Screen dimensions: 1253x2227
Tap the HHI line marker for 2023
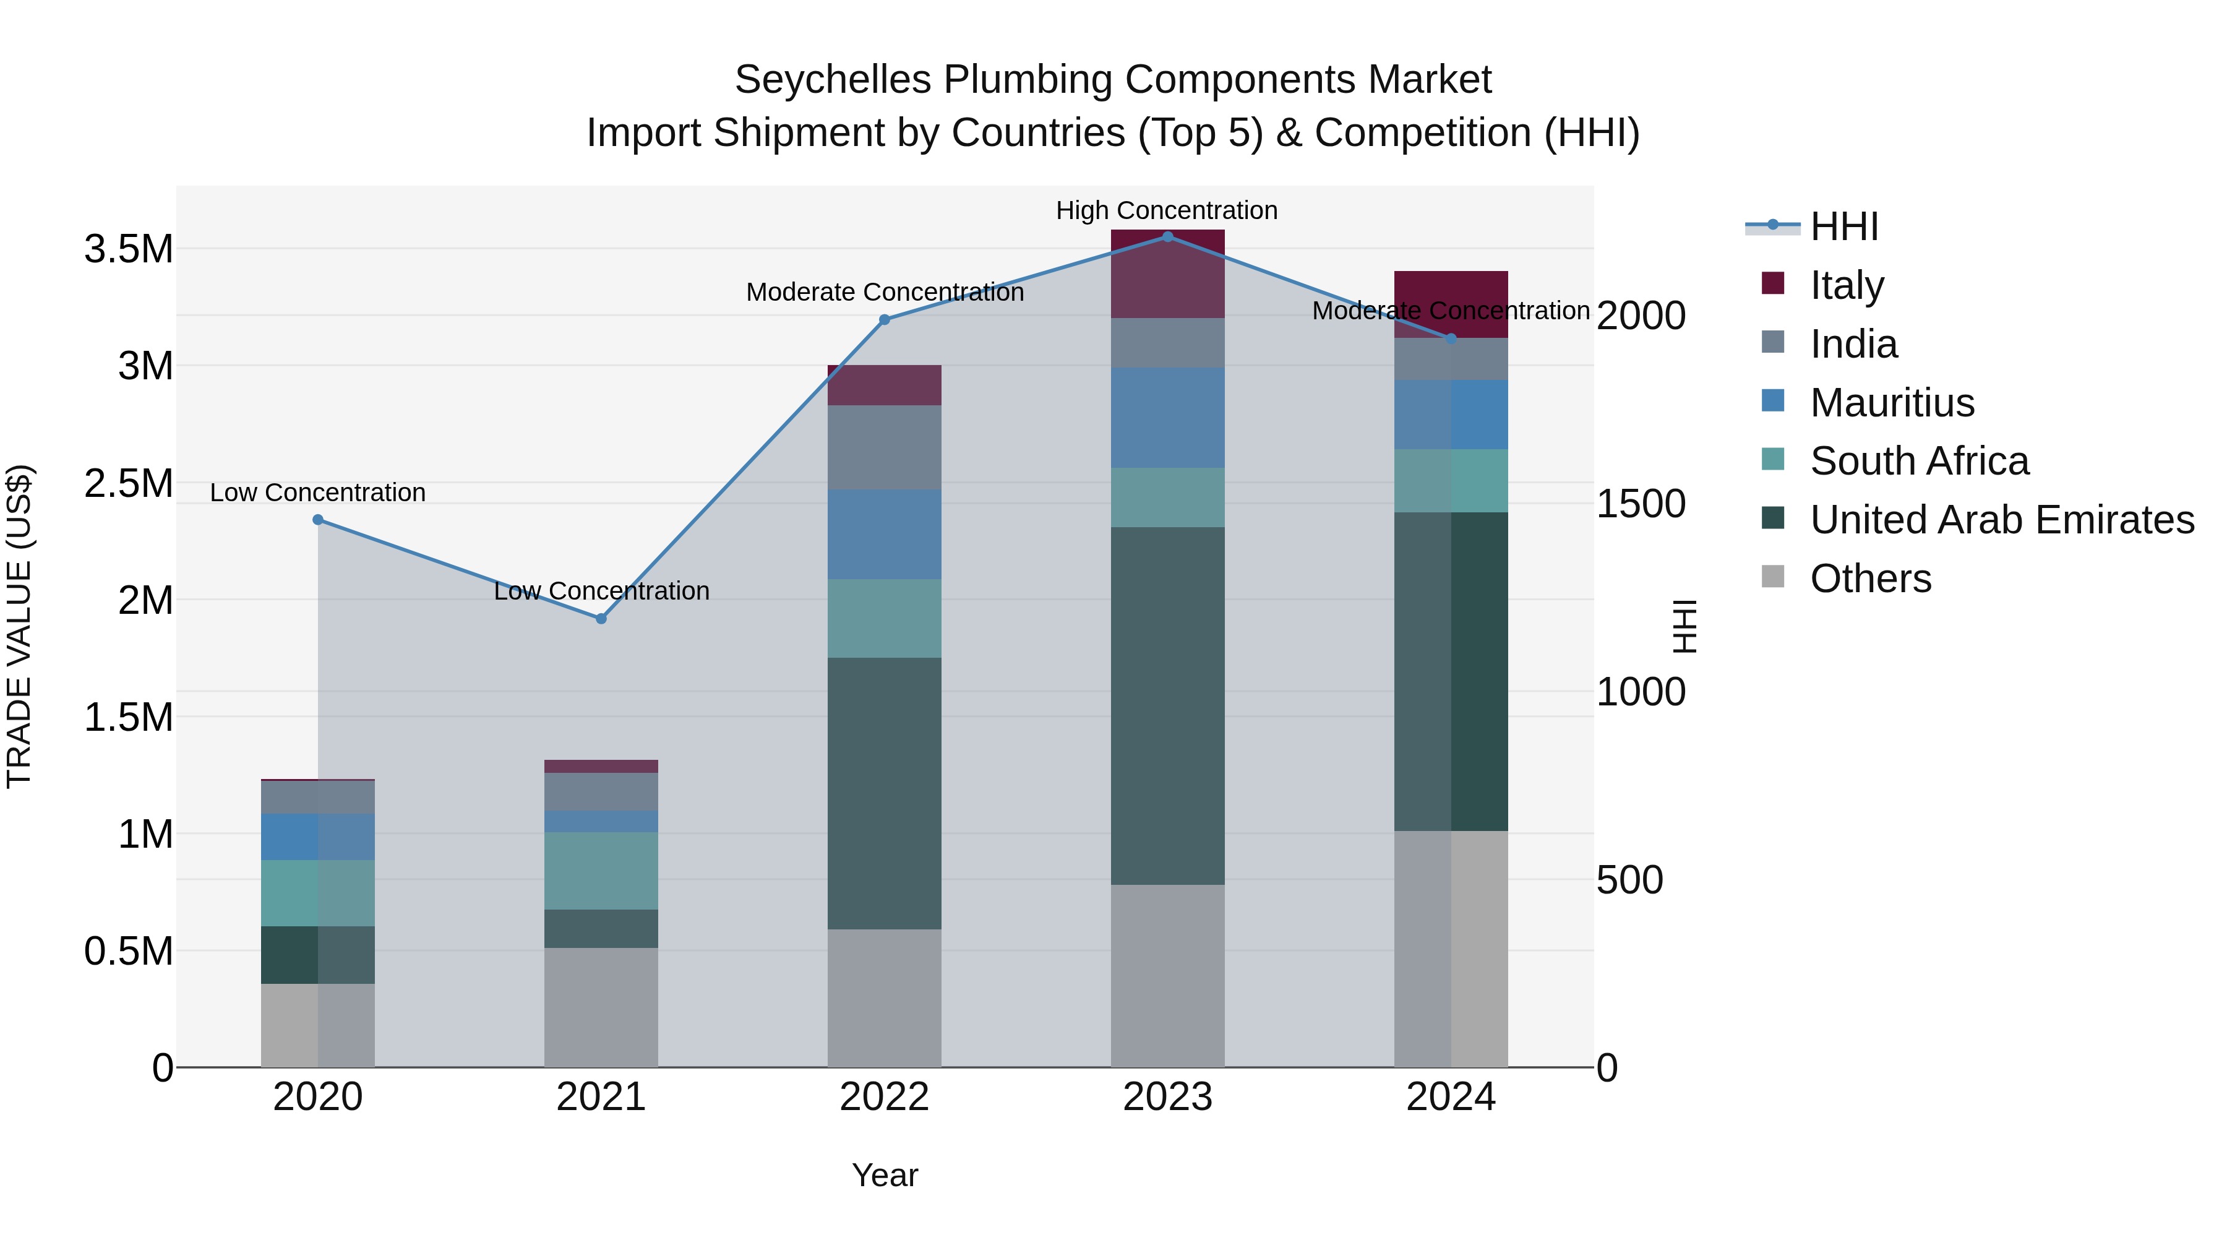[x=1167, y=236]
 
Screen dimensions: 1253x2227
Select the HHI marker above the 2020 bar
[x=318, y=520]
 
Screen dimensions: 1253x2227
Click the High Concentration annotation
[x=1166, y=210]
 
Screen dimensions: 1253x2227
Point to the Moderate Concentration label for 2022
[x=885, y=292]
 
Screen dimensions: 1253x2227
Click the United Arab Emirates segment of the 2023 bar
[x=1167, y=705]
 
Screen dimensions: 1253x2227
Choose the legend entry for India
[x=1853, y=344]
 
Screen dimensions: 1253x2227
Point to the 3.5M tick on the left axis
[x=128, y=249]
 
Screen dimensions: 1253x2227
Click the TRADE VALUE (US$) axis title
[x=19, y=626]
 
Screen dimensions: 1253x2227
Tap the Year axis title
[x=885, y=1175]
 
